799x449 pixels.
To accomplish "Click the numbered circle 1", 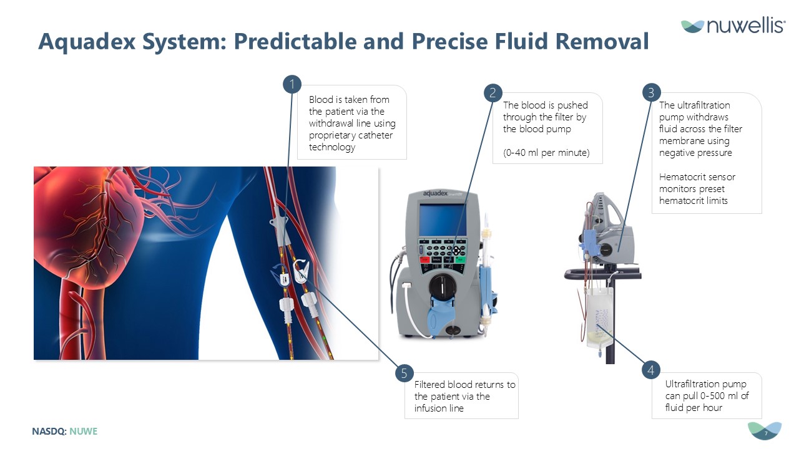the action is point(292,84).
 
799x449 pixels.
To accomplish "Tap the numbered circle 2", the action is point(493,93).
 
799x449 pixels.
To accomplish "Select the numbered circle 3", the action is point(651,93).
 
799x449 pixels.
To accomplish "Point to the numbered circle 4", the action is point(651,370).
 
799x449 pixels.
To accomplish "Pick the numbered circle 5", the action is point(404,373).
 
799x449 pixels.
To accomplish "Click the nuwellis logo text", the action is point(745,26).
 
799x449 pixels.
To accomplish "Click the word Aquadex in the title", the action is point(87,42).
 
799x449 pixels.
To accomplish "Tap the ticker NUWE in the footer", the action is point(83,431).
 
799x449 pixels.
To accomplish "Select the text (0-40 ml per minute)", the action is point(546,153).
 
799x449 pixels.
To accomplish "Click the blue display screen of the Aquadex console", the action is point(443,220).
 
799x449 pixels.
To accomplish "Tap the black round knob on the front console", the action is point(443,286).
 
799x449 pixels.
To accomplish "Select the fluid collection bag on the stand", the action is point(599,318).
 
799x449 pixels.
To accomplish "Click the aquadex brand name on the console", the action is point(435,193).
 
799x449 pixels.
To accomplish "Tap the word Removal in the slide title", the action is point(602,42).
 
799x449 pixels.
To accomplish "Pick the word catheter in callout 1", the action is point(375,135).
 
